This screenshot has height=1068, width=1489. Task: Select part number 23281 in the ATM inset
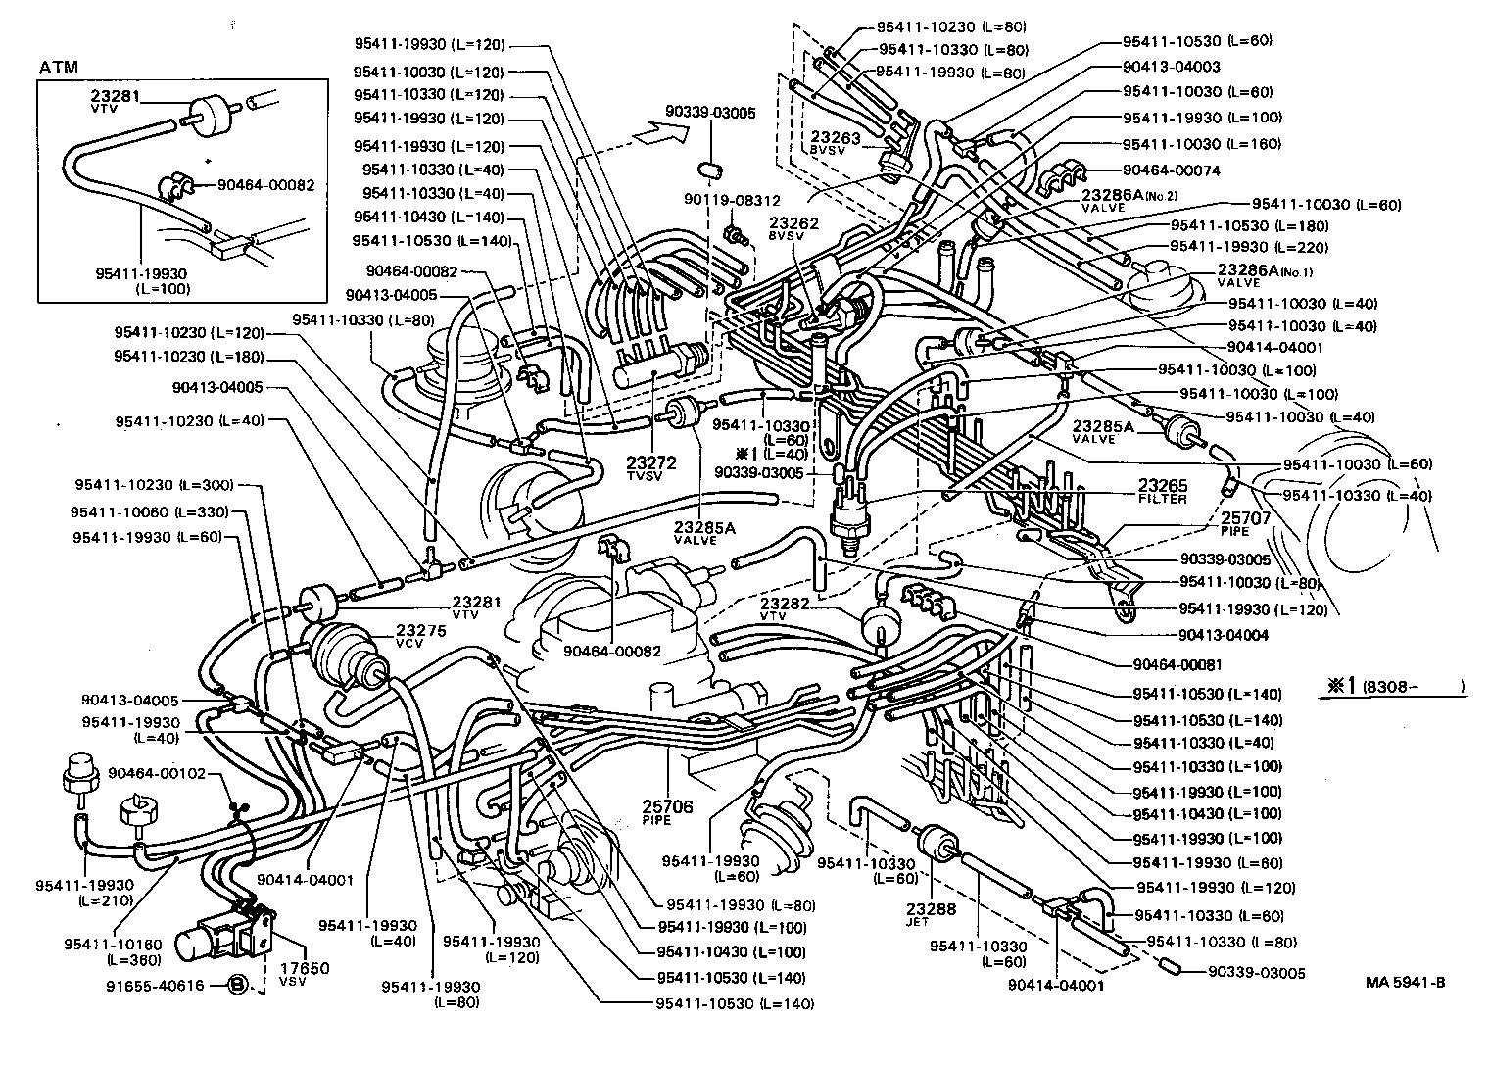[x=116, y=96]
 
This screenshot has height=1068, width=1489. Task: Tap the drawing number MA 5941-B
[x=1405, y=982]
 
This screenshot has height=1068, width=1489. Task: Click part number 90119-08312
[x=732, y=200]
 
